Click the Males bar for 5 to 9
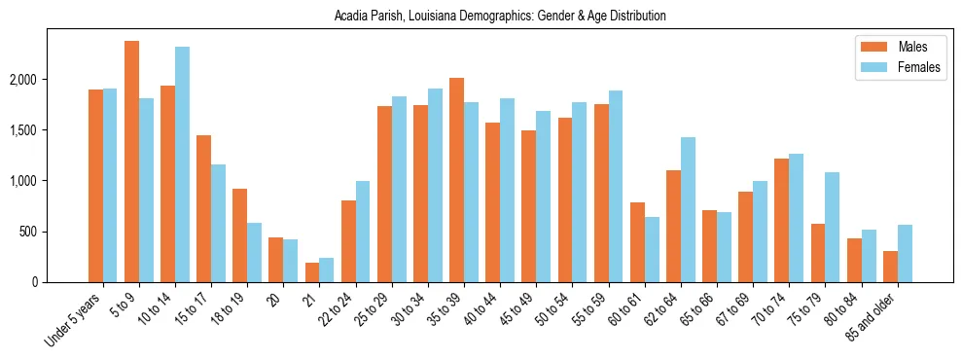pos(131,162)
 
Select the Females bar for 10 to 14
pos(182,164)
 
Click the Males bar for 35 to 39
pos(456,180)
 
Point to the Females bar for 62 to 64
pos(688,209)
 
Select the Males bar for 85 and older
pos(889,267)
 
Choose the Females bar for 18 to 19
pos(254,252)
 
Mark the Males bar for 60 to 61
pos(637,242)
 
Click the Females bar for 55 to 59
pos(615,186)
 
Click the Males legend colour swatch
pos(869,47)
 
